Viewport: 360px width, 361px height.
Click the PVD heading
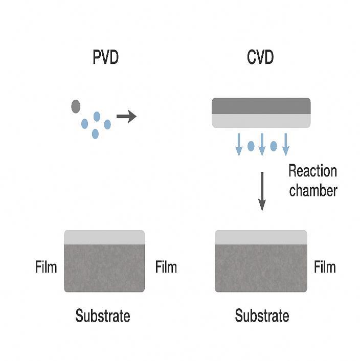[105, 57]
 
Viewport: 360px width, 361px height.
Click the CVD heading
[260, 57]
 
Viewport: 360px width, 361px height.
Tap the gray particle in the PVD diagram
[76, 106]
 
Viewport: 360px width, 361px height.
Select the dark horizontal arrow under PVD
[126, 117]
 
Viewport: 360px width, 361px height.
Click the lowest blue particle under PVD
[95, 133]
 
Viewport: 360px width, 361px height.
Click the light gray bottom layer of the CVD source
[261, 120]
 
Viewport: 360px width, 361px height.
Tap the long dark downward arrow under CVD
[262, 191]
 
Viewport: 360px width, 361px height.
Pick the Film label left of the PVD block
[46, 267]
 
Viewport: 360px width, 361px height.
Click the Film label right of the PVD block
[166, 267]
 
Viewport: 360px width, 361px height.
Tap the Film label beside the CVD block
[325, 267]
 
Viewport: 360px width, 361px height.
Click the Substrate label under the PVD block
[103, 315]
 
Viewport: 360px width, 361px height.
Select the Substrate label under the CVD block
[262, 315]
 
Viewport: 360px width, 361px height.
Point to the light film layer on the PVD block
[104, 237]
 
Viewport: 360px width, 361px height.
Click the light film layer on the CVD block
[261, 237]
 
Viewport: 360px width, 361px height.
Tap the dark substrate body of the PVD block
[104, 268]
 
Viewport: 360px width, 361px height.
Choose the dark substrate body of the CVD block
[261, 268]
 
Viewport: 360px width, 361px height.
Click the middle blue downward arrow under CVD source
[262, 144]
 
